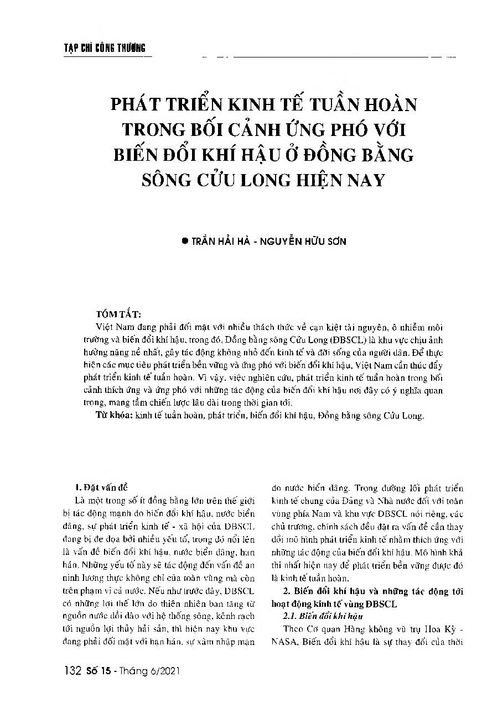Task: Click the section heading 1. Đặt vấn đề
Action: pyautogui.click(x=101, y=487)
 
